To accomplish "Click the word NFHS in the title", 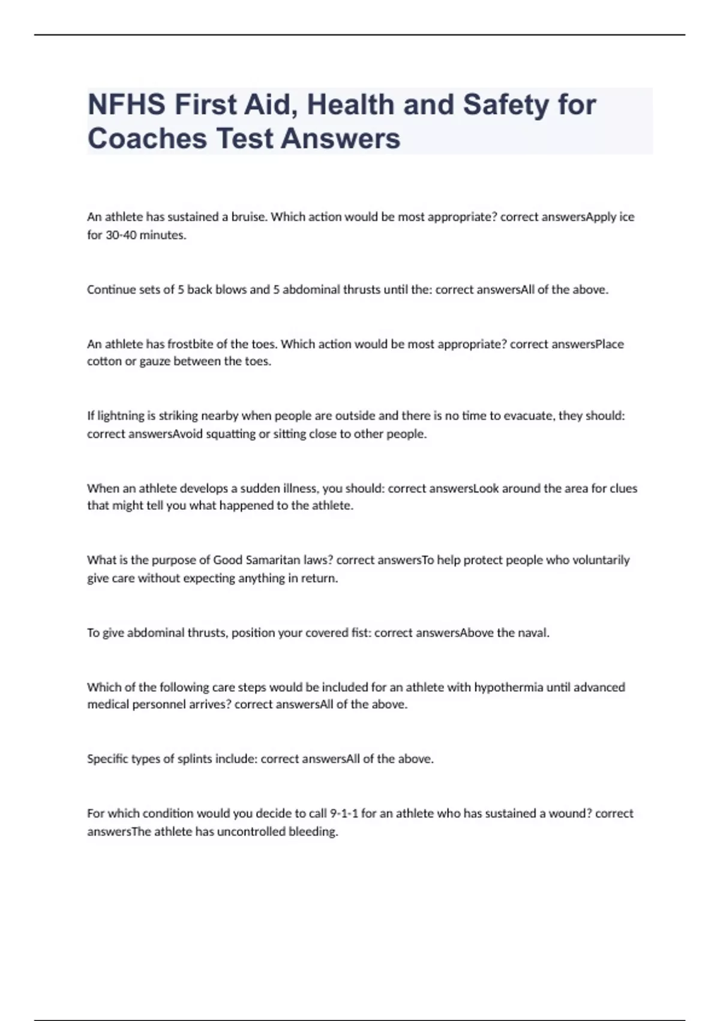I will [x=127, y=105].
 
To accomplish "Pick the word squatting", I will [x=230, y=434].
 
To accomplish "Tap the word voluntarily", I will [x=601, y=560].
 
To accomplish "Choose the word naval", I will [x=532, y=633].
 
